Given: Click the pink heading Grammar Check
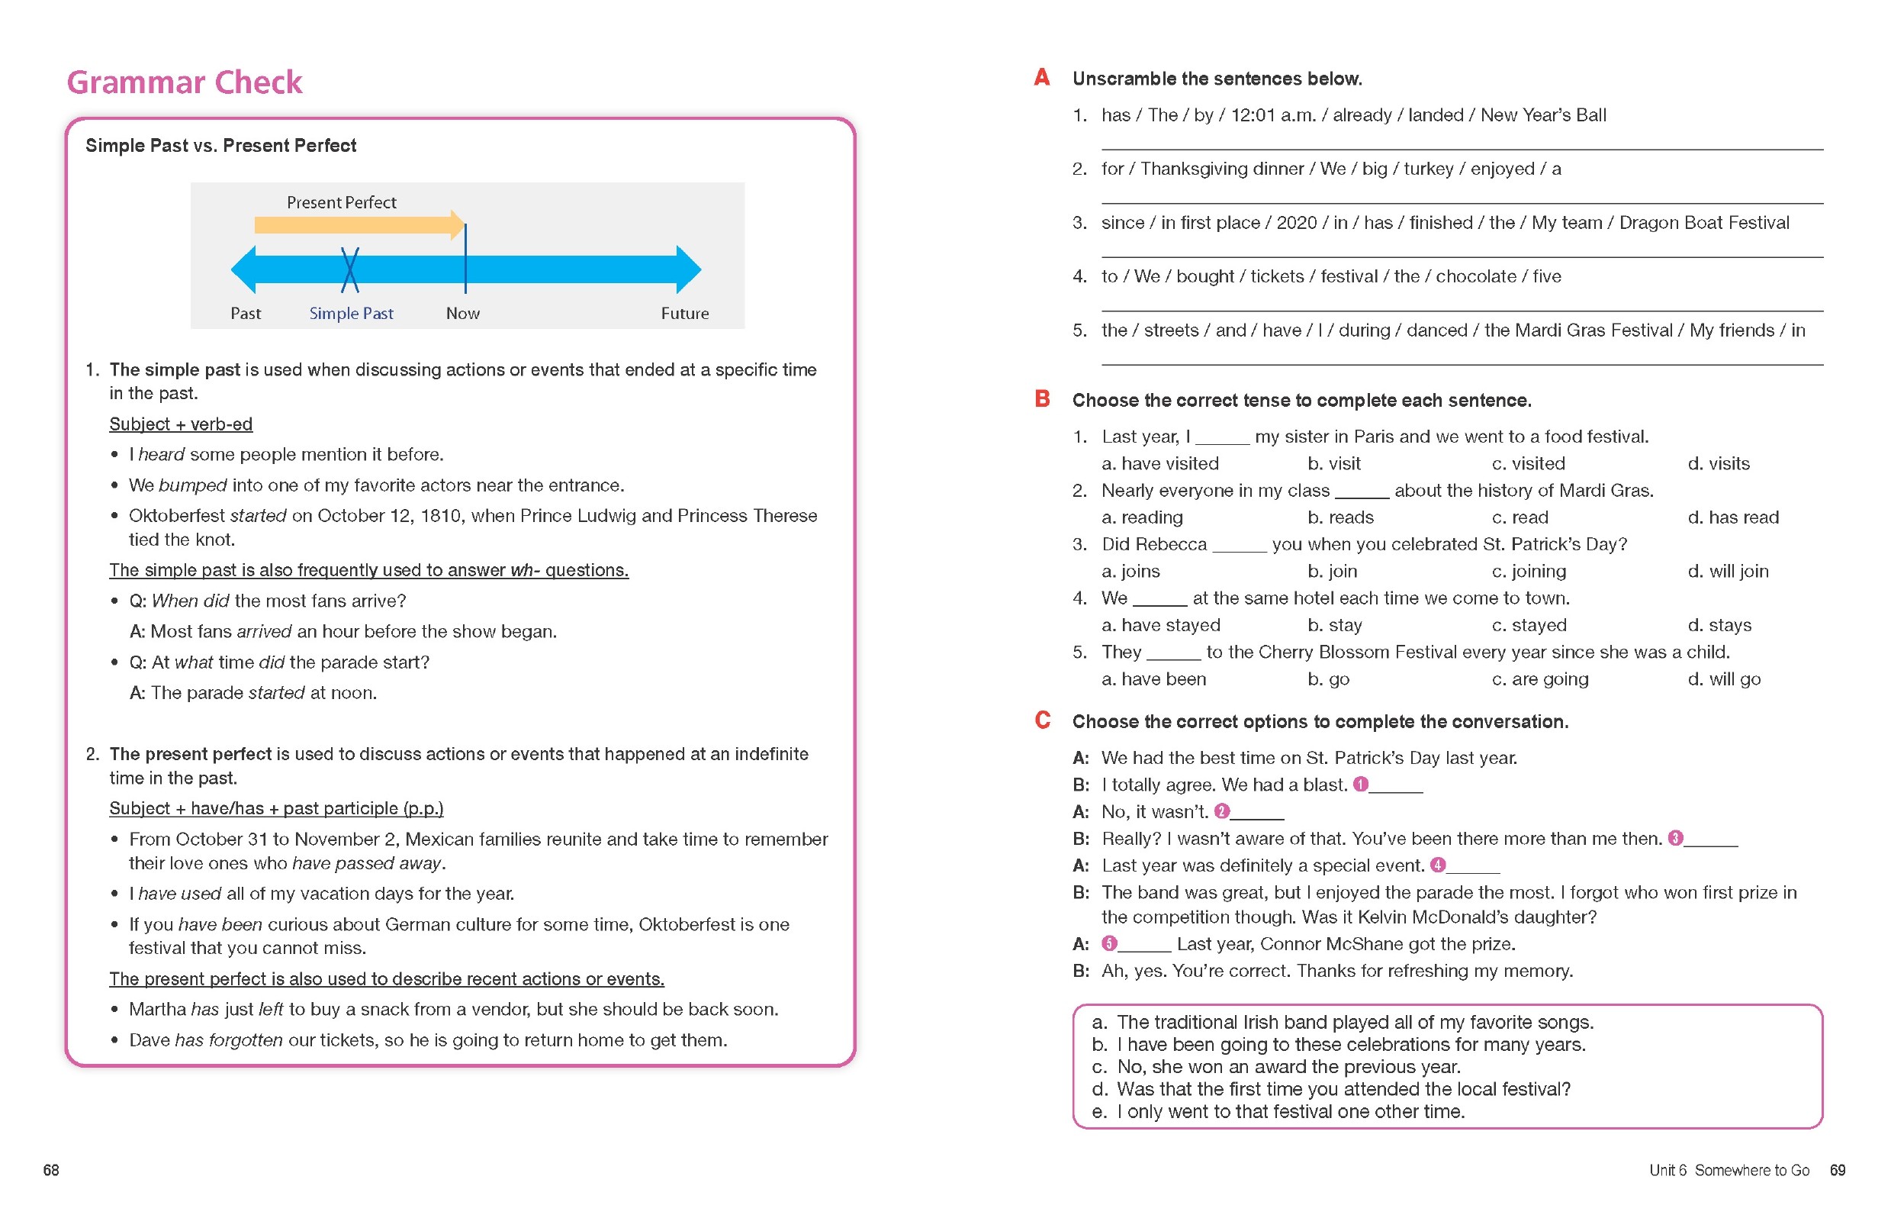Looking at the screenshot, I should [x=184, y=82].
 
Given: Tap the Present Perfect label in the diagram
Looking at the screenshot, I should [x=341, y=202].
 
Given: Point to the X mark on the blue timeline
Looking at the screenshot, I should [x=349, y=270].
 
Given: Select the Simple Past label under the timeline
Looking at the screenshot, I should [x=351, y=313].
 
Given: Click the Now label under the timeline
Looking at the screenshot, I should [x=462, y=313].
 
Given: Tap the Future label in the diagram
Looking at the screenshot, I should [x=683, y=313].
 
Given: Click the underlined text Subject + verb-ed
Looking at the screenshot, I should [x=181, y=424].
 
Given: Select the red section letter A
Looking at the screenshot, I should [x=1041, y=77].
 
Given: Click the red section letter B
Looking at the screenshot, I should [x=1041, y=398].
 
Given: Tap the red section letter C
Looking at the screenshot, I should [x=1041, y=720].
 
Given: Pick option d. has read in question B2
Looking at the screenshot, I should [x=1732, y=517].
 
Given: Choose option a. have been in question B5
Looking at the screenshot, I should [x=1153, y=678].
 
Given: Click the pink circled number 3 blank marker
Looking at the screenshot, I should [x=1675, y=838].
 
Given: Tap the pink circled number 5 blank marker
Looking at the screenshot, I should [x=1108, y=943].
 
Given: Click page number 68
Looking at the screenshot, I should [x=51, y=1170].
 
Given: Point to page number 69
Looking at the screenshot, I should [x=1837, y=1170].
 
